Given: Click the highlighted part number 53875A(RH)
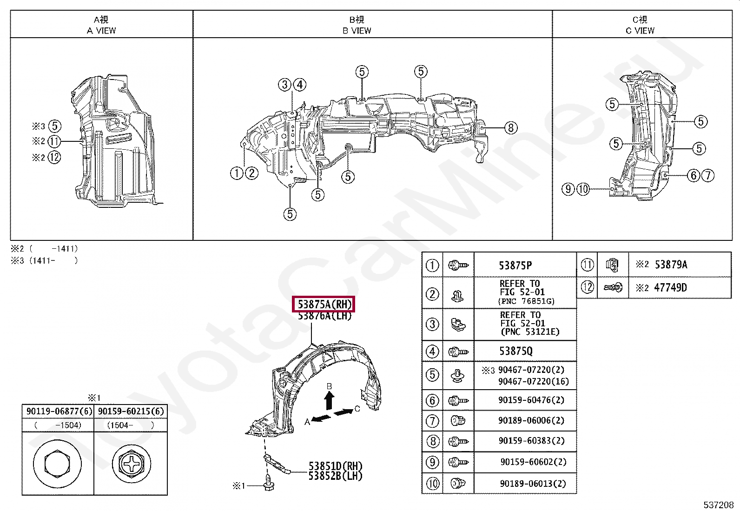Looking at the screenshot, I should (x=324, y=305).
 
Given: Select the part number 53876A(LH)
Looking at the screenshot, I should (x=324, y=316).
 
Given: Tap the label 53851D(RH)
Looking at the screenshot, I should (x=335, y=466).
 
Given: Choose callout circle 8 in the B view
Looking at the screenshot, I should (x=510, y=127).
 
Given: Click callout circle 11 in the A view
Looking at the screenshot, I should (x=54, y=141).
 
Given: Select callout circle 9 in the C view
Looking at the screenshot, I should (x=568, y=189).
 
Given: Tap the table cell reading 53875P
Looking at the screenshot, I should (x=515, y=265).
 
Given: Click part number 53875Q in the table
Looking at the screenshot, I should (x=515, y=351).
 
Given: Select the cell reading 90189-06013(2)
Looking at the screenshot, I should (x=533, y=484).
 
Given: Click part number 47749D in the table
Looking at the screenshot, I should (x=670, y=287).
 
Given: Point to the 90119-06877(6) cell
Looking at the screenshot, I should (x=58, y=411).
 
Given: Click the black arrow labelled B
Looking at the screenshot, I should (x=329, y=399).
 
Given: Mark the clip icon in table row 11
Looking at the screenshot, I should (x=612, y=265).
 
